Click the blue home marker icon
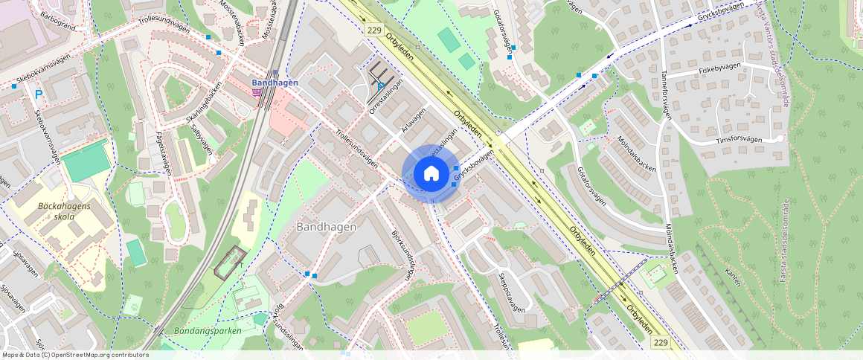point(431,174)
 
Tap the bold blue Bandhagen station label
point(275,83)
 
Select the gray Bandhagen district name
point(326,226)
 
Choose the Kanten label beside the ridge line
point(732,277)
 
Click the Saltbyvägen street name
point(201,138)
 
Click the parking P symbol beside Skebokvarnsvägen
point(38,94)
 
